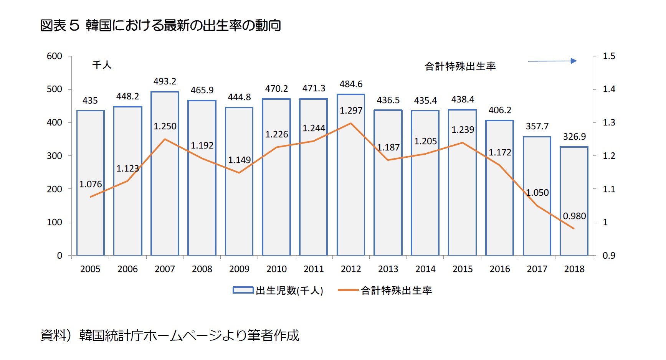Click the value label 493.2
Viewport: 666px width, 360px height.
point(165,81)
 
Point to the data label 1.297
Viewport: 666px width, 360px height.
point(351,111)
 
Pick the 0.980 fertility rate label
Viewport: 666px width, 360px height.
point(574,216)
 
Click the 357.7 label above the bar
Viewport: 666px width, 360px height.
point(537,126)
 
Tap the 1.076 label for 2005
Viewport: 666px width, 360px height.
point(91,184)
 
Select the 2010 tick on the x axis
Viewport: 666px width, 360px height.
point(276,269)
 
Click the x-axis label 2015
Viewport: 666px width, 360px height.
point(463,269)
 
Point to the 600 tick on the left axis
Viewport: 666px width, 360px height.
point(54,56)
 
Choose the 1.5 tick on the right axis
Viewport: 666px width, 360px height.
point(609,56)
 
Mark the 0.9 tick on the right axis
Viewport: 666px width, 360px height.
point(609,256)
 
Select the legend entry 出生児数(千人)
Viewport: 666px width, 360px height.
point(278,291)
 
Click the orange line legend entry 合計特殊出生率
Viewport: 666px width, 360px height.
point(385,291)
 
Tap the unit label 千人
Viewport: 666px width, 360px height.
point(102,65)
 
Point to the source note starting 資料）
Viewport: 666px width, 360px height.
point(170,335)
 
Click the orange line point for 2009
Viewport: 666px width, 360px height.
point(239,173)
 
